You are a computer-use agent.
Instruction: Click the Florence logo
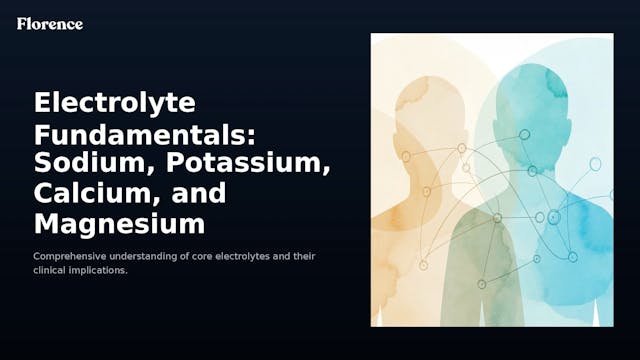[x=49, y=23]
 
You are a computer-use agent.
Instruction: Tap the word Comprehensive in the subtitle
[x=70, y=257]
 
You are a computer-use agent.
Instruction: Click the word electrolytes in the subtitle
[x=249, y=257]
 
